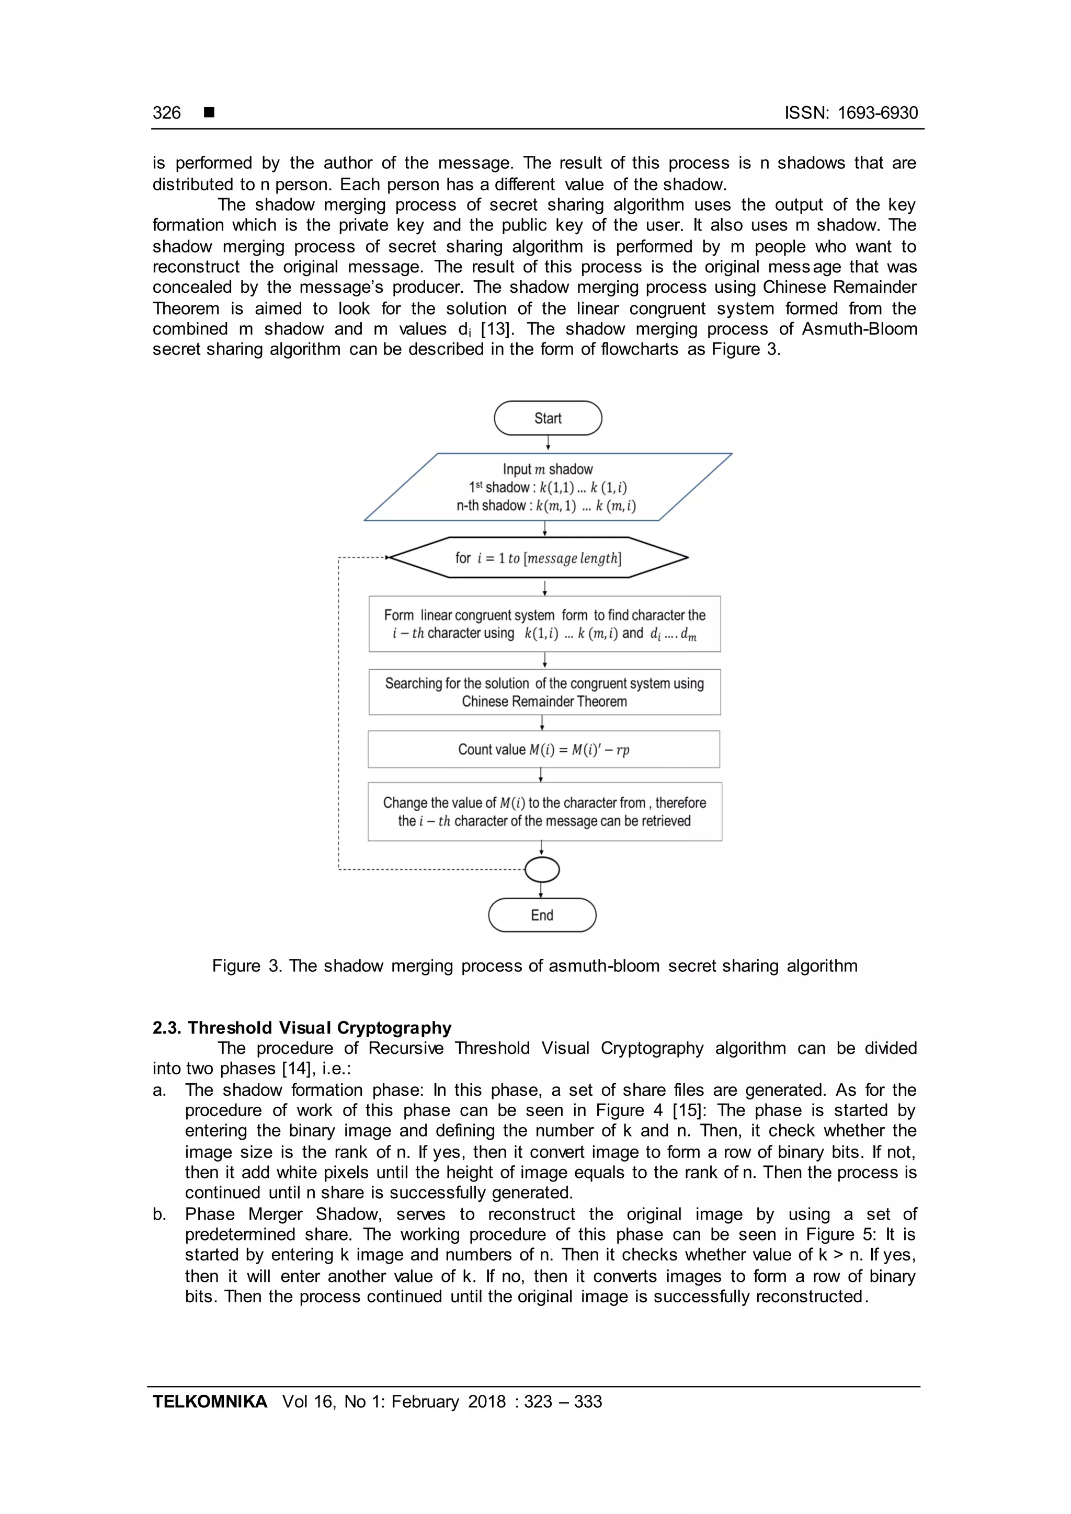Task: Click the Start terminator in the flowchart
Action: point(548,418)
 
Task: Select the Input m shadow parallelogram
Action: point(548,487)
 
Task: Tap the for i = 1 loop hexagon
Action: point(538,558)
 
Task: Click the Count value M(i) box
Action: point(543,749)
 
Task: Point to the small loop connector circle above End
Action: point(542,870)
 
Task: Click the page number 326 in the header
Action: point(166,113)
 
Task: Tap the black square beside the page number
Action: point(209,113)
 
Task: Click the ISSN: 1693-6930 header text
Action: point(851,113)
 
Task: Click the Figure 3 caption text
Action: point(534,966)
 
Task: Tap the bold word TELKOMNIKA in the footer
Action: point(210,1402)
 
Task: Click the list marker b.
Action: point(159,1214)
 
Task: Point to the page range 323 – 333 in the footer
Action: point(563,1402)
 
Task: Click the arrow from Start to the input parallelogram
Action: point(548,444)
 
